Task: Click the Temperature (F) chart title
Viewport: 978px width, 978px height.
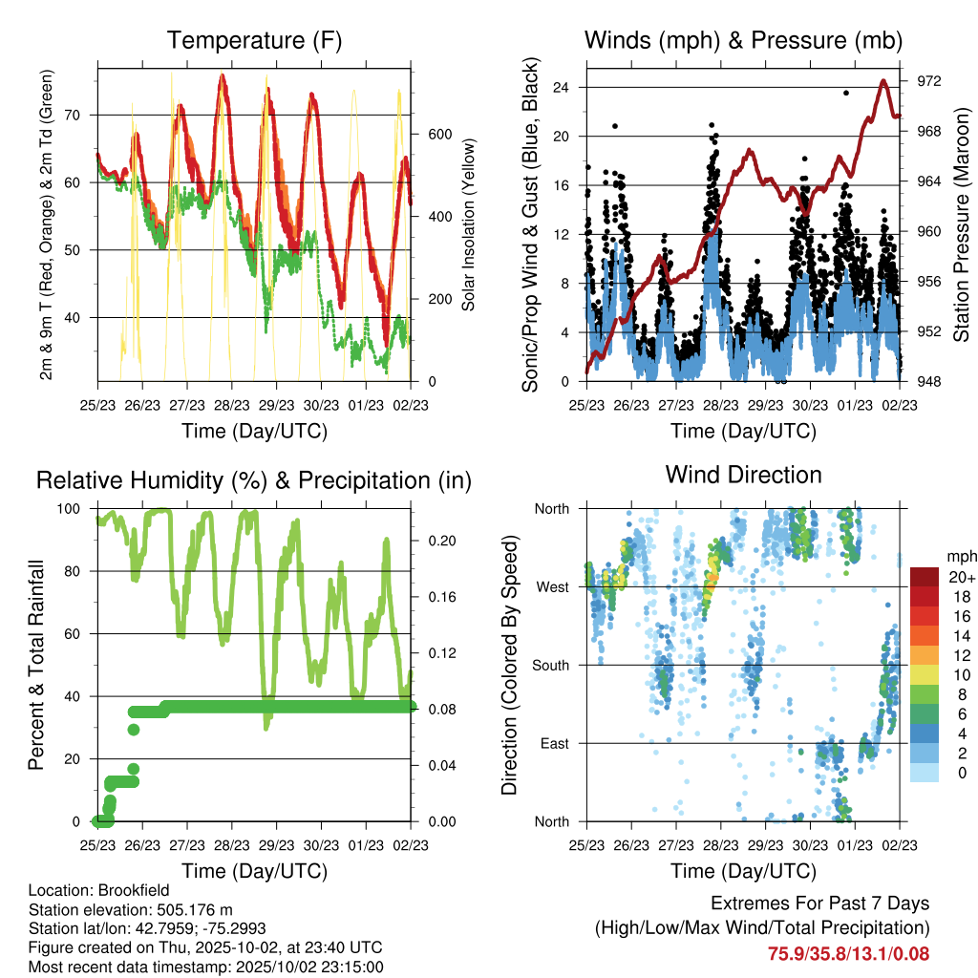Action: click(254, 40)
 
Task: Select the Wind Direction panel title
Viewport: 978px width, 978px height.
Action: click(743, 475)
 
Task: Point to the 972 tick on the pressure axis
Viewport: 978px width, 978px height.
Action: click(929, 82)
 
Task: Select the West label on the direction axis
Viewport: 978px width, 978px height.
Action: click(551, 586)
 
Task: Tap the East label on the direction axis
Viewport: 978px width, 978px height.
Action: click(553, 743)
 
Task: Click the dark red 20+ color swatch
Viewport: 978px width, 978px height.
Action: click(925, 577)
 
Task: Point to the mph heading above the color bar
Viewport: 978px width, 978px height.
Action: click(959, 556)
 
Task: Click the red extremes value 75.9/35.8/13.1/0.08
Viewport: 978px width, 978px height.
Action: click(848, 953)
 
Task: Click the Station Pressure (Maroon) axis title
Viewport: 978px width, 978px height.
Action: click(961, 224)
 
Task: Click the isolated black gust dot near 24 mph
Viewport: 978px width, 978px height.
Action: click(845, 93)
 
